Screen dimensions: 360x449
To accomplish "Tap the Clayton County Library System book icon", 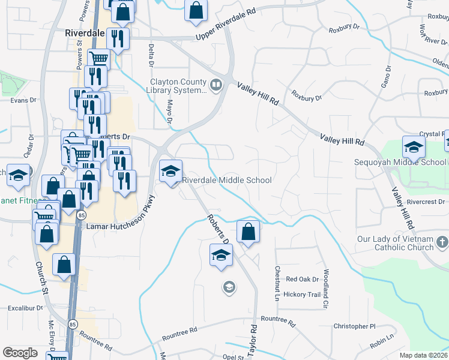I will [x=215, y=85].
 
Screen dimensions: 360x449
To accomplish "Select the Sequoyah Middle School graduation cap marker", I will [x=414, y=147].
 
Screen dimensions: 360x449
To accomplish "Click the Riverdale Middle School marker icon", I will [x=170, y=172].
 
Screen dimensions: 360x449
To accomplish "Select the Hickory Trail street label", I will [x=303, y=295].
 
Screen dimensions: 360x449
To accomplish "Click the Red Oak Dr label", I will [x=302, y=279].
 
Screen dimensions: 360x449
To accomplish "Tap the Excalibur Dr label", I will [x=26, y=308].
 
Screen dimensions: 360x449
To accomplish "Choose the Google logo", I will [x=20, y=353].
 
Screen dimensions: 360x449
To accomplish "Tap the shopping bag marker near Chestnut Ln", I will [x=248, y=231].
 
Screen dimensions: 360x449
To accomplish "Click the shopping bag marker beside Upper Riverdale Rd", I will [x=196, y=10].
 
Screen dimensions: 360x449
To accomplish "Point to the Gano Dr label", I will [x=386, y=77].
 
